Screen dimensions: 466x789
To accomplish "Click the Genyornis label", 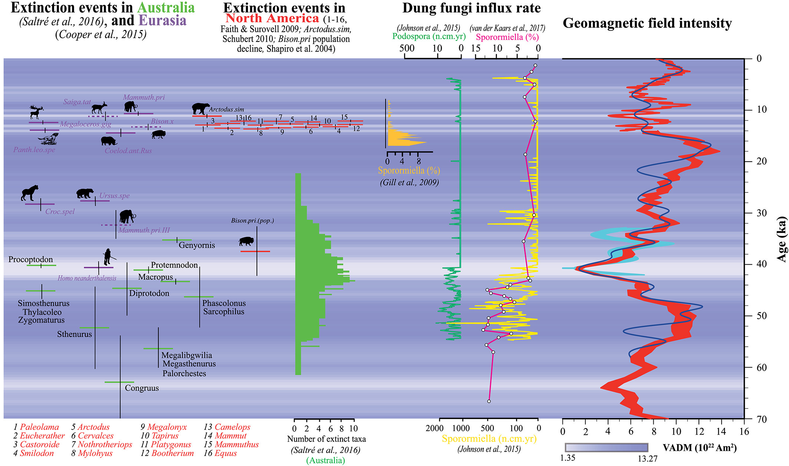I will tap(197, 245).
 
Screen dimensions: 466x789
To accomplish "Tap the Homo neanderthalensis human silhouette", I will tap(108, 257).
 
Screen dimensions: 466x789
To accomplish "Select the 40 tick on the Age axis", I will tap(756, 264).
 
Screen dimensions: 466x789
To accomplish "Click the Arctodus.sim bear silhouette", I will tap(200, 109).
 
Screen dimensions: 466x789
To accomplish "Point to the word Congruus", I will tap(142, 388).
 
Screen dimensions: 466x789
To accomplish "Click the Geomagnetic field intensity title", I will tap(647, 23).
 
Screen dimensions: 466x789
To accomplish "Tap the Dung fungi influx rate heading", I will tap(471, 8).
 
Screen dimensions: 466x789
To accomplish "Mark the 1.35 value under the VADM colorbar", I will tap(567, 458).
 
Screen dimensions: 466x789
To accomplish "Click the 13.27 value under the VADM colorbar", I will tap(647, 459).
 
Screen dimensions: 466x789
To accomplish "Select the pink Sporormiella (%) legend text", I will tap(507, 37).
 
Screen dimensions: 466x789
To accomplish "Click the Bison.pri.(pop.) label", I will tap(252, 221).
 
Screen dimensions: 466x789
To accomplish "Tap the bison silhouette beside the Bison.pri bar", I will tap(246, 242).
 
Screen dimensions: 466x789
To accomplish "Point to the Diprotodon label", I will tap(149, 293).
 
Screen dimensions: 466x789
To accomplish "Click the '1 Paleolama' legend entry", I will tap(36, 427).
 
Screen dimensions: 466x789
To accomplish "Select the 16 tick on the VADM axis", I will tap(744, 432).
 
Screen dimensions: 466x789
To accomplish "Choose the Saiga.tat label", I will tap(77, 102).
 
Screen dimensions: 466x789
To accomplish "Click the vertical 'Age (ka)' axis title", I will tap(782, 239).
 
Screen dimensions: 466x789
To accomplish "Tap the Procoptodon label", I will tap(30, 260).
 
